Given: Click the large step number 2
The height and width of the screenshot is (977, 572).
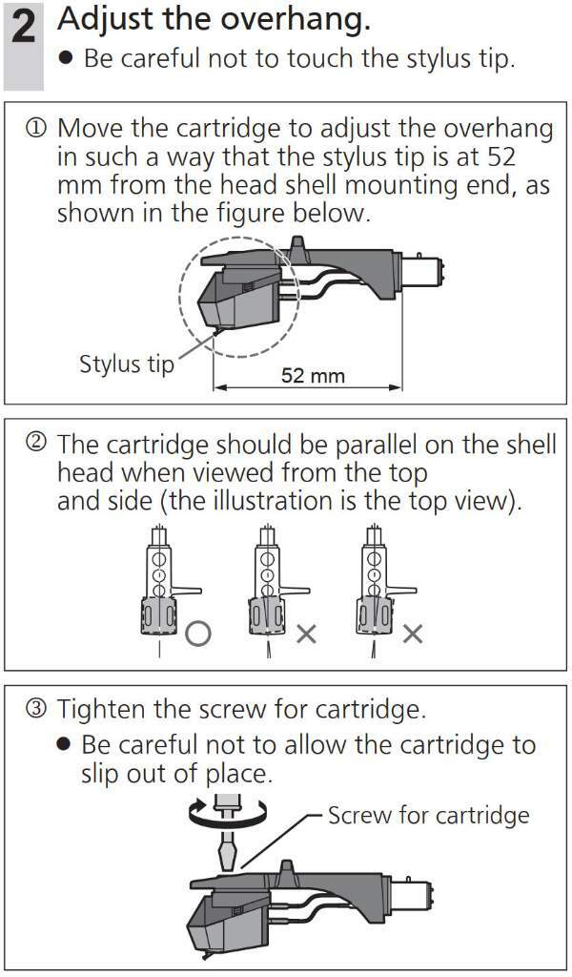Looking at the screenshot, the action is [24, 31].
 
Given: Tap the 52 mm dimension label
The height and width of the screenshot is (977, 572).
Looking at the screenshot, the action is [313, 376].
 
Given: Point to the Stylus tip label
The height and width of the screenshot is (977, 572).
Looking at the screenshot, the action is [127, 364].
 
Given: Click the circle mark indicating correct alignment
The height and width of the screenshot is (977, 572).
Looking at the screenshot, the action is [198, 634].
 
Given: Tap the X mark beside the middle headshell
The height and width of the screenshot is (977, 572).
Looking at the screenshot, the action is [306, 634].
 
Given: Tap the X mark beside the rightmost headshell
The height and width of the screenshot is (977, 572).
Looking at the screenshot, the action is [413, 634].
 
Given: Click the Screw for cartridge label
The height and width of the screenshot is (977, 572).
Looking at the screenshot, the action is [428, 815].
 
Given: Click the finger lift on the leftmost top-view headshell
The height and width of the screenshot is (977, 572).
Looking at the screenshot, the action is [186, 590].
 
